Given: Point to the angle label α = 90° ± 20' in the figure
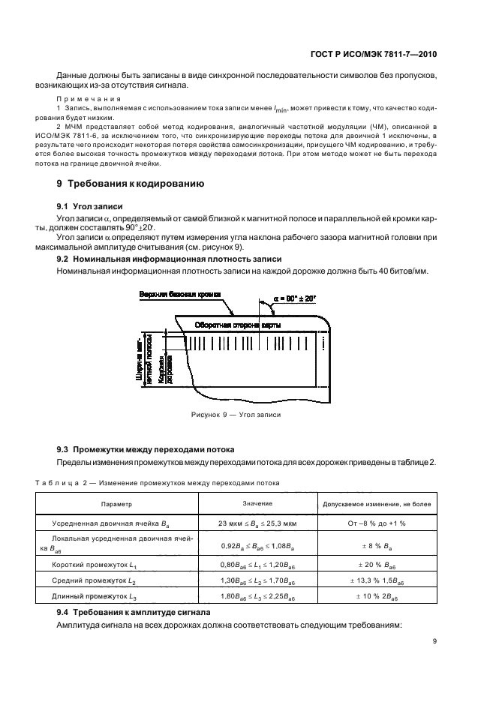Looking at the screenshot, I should point(294,298).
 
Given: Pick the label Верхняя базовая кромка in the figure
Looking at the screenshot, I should point(180,295).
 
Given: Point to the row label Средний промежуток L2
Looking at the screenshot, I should point(95,580).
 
